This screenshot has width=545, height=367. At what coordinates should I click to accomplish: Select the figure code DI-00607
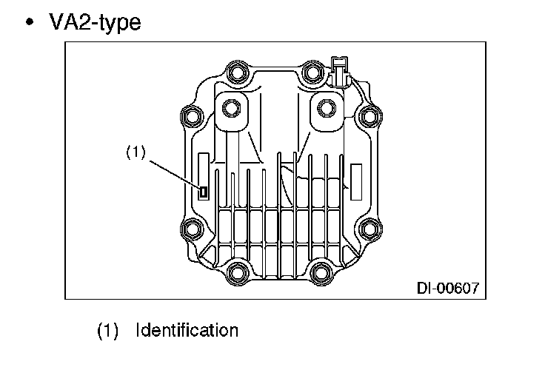click(x=448, y=286)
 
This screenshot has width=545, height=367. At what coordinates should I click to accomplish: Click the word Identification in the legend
click(x=187, y=330)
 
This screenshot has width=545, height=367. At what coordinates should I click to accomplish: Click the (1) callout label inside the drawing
click(x=136, y=152)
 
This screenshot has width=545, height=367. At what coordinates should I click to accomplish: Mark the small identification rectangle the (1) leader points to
click(x=203, y=192)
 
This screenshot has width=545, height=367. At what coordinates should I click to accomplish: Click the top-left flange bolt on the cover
click(x=237, y=74)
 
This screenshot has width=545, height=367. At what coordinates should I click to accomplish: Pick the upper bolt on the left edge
click(x=191, y=115)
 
